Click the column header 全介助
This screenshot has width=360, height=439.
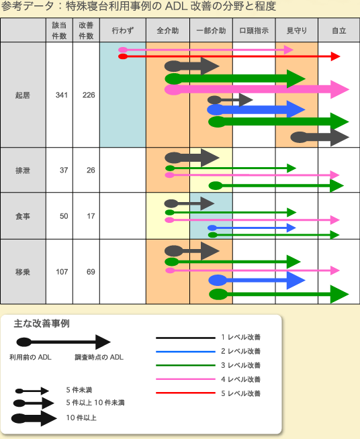pos(167,30)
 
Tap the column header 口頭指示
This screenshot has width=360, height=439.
pos(254,30)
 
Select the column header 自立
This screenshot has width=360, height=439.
pos(339,30)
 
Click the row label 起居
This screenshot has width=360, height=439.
pos(23,95)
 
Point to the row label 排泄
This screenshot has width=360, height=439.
pos(23,170)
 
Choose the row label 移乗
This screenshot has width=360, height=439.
pos(23,272)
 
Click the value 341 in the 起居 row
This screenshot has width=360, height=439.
pos(62,95)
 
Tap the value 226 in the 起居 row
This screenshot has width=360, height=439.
pos(89,95)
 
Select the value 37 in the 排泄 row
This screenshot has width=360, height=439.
pos(64,170)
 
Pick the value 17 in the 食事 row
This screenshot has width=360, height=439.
pos(91,216)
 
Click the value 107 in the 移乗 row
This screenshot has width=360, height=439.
pos(62,272)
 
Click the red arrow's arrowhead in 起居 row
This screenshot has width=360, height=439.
pos(335,56)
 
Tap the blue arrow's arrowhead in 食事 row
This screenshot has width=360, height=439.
pos(291,228)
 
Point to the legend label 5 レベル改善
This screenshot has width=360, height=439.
pos(240,393)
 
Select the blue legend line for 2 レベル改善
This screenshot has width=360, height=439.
pos(185,352)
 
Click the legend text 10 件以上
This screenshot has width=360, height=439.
pos(81,418)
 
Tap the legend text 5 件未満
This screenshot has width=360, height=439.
pos(79,390)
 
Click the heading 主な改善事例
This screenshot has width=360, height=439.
pos(42,324)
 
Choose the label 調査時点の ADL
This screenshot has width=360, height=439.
pos(99,357)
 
